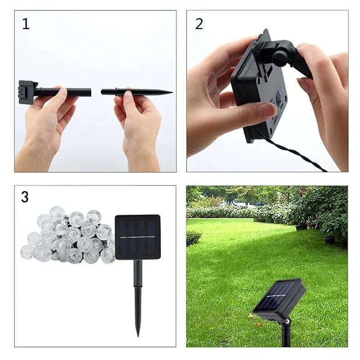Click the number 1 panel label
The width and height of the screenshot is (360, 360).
click(x=26, y=24)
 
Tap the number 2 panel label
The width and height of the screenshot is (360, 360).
click(x=199, y=24)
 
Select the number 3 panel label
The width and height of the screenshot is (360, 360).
click(x=25, y=197)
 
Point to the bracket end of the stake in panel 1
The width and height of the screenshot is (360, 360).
click(x=27, y=92)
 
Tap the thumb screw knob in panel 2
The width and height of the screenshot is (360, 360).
click(x=280, y=57)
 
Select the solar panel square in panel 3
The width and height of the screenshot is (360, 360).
click(x=138, y=237)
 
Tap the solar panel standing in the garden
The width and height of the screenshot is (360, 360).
click(x=279, y=300)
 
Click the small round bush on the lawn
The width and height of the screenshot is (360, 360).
click(x=194, y=238)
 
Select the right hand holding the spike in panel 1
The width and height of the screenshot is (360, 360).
click(x=137, y=121)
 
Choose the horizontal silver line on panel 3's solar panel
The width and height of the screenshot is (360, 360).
click(x=138, y=237)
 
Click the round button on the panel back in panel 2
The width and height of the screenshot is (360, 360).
click(x=279, y=96)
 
